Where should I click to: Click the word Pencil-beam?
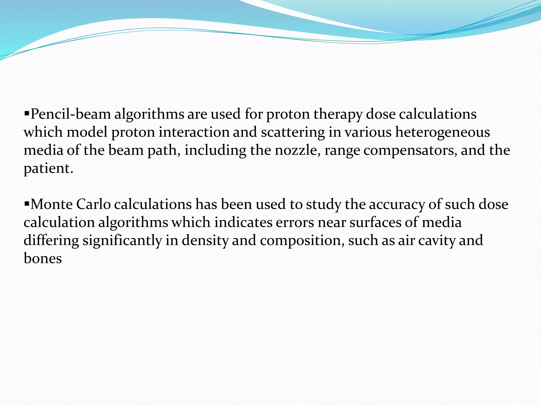(71, 114)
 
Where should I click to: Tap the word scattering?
(293, 132)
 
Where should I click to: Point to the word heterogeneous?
(442, 132)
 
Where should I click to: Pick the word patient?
(48, 168)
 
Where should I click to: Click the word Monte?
(52, 204)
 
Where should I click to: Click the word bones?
(43, 258)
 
